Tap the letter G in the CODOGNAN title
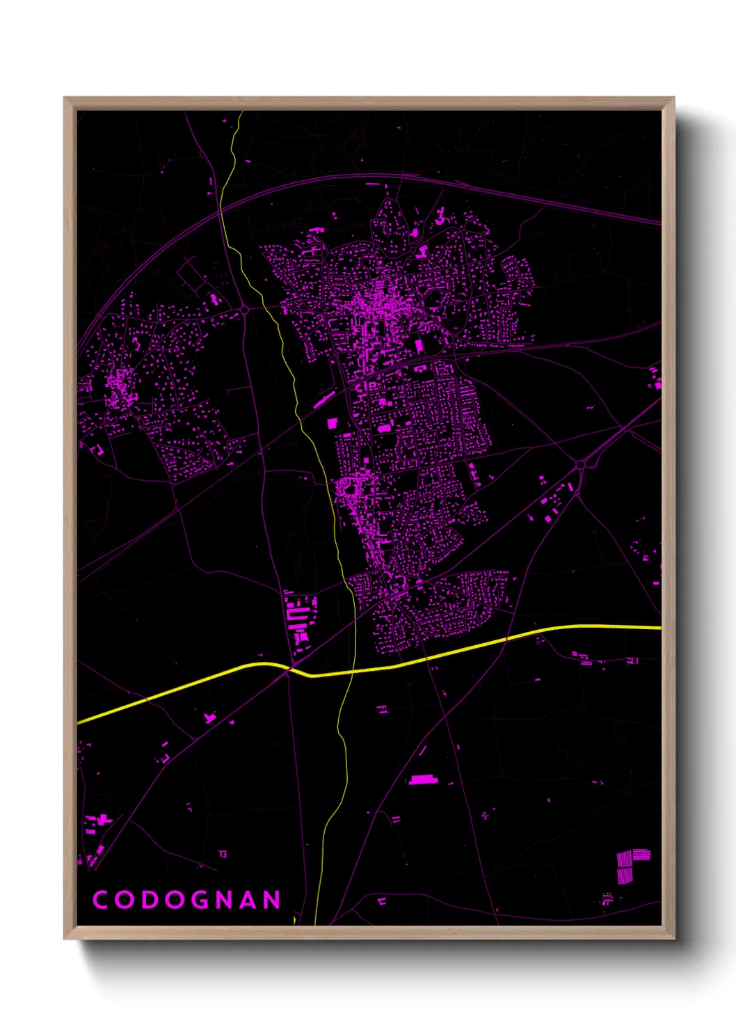[x=200, y=899]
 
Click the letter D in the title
[x=149, y=899]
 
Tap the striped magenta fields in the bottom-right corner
[x=632, y=865]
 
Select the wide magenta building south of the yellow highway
[x=421, y=779]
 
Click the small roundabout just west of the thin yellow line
[x=245, y=310]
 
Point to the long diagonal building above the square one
[x=323, y=399]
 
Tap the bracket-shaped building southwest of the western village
[x=97, y=450]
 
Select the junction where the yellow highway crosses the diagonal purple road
[x=287, y=670]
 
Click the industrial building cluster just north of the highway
[x=299, y=616]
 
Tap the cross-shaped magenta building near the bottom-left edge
[x=209, y=718]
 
